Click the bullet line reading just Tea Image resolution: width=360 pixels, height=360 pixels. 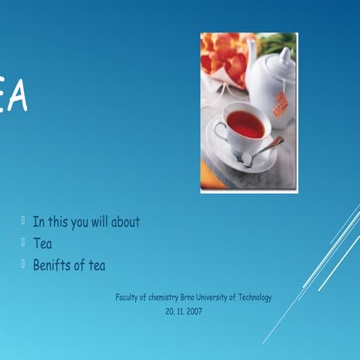pos(42,243)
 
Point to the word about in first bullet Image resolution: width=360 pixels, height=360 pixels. pos(125,222)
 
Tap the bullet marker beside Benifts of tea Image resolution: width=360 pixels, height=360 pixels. pos(24,264)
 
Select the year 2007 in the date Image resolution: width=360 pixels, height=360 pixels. pos(193,310)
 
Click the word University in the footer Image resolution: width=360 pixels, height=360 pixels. pos(214,298)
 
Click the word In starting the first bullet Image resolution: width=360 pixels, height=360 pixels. pos(37,222)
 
